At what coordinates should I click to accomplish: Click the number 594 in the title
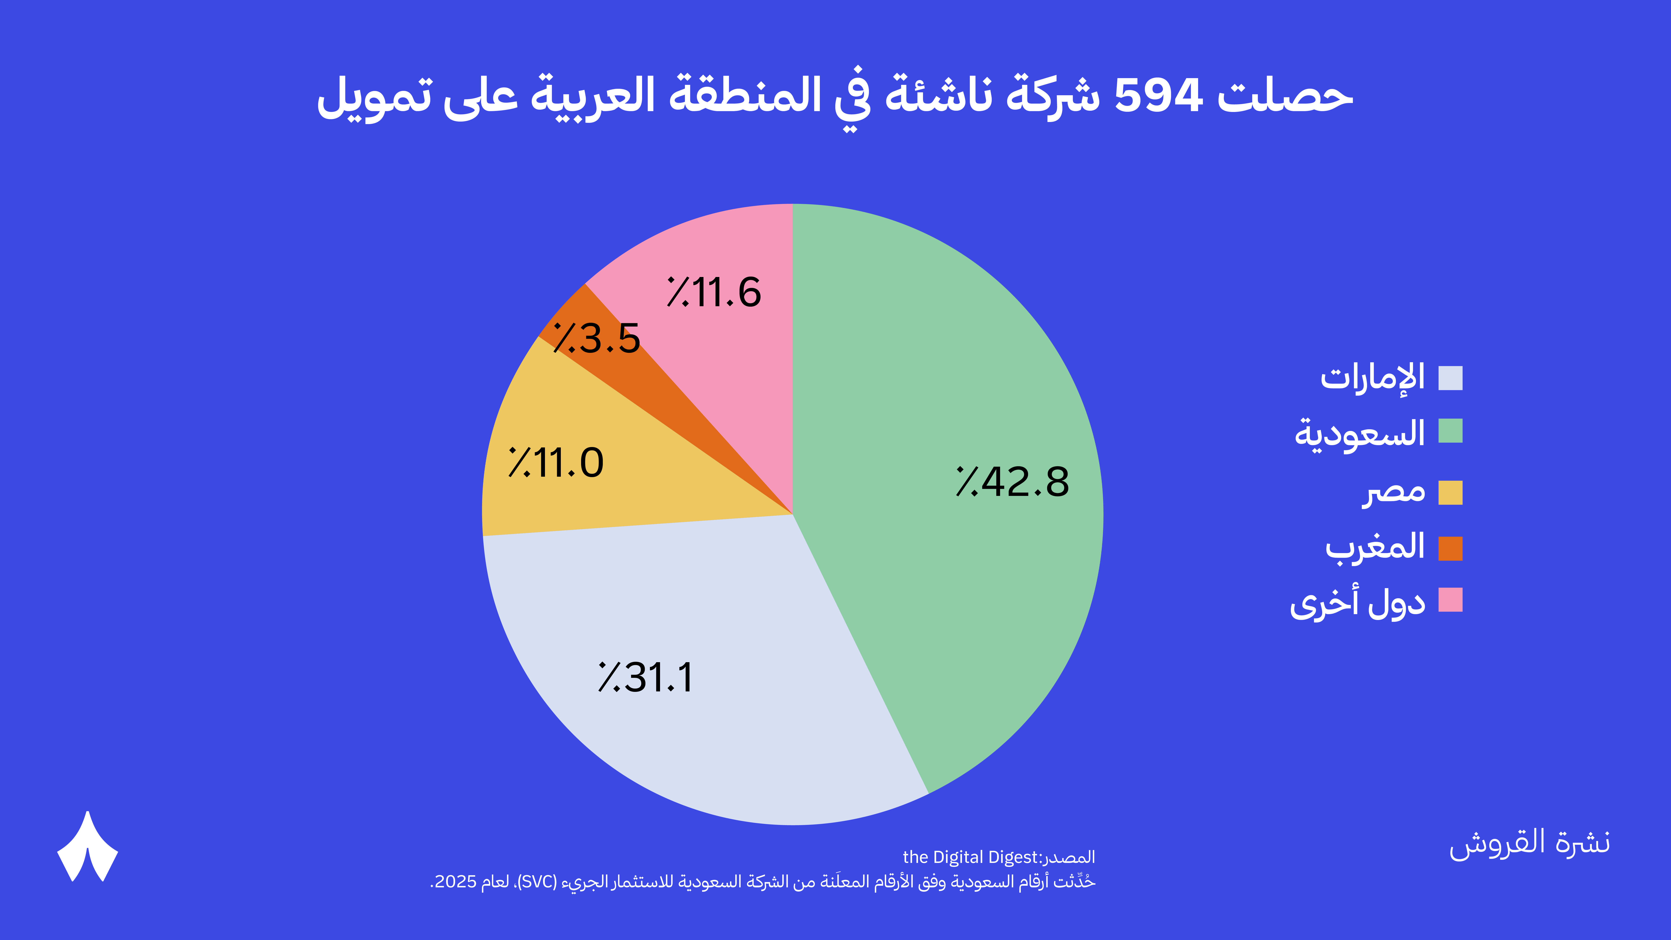click(1158, 96)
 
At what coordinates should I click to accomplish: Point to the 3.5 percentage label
click(597, 339)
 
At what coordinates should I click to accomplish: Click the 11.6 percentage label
click(714, 292)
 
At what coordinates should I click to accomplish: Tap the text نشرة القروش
click(1530, 843)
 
